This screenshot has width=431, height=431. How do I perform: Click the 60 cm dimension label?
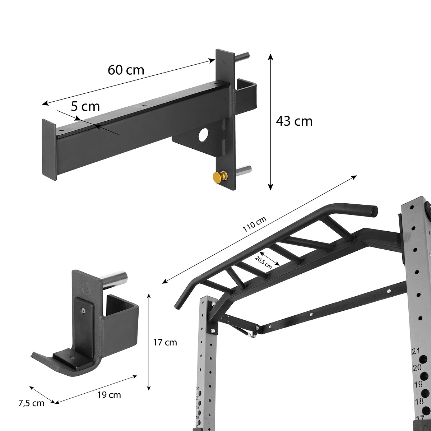click(x=126, y=70)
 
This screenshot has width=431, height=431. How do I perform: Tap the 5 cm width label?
click(x=85, y=106)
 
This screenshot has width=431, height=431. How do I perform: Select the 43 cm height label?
click(x=294, y=121)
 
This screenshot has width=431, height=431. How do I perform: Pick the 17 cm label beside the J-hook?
click(x=165, y=342)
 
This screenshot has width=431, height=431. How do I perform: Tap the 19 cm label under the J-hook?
click(x=109, y=395)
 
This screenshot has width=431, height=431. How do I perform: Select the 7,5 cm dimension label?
click(x=32, y=403)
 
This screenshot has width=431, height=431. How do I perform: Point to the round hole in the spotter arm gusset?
click(x=203, y=134)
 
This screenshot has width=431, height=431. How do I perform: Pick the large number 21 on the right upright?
click(x=416, y=351)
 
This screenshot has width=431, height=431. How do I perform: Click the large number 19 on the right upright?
click(x=418, y=384)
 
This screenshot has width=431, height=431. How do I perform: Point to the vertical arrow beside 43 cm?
click(x=270, y=121)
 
